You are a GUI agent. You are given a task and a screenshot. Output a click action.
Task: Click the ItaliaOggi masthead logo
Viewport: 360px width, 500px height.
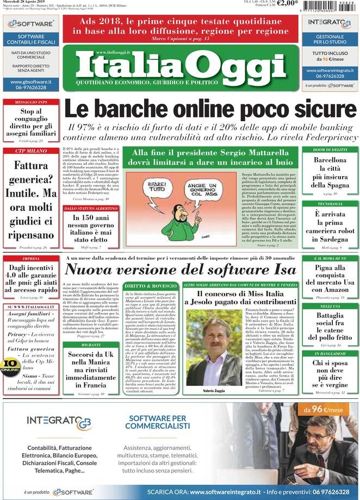pyautogui.click(x=180, y=66)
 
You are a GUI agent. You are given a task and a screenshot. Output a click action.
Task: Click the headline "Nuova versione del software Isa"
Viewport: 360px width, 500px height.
pyautogui.click(x=181, y=269)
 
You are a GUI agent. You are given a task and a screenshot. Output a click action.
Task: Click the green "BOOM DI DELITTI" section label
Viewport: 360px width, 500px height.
pyautogui.click(x=330, y=149)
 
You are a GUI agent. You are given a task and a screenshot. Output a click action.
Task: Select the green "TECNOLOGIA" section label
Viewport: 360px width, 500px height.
pyautogui.click(x=330, y=204)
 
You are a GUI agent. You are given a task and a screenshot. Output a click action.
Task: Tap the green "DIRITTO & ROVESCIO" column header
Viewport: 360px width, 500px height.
pyautogui.click(x=150, y=285)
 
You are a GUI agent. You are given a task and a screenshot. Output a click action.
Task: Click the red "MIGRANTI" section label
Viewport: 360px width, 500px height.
pyautogui.click(x=91, y=345)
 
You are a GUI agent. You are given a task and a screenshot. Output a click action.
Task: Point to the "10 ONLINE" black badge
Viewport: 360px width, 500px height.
pyautogui.click(x=10, y=365)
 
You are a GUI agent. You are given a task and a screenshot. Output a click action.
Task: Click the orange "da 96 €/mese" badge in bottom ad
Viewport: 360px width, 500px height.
pyautogui.click(x=323, y=409)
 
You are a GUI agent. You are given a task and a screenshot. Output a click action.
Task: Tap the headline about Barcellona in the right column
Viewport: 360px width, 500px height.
pyautogui.click(x=330, y=173)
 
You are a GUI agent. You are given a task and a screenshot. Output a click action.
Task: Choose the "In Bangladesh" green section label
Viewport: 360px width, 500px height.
pyautogui.click(x=330, y=354)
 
